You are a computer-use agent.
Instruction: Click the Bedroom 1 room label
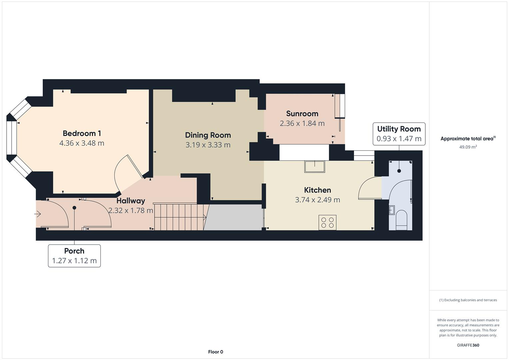[82, 133]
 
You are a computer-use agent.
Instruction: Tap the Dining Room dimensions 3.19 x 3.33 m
[208, 145]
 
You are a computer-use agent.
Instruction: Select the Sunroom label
[302, 114]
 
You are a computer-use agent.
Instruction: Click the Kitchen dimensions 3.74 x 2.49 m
[317, 200]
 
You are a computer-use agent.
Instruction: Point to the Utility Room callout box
[399, 134]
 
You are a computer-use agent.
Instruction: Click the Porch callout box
[74, 256]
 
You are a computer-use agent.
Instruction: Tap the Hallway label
[131, 201]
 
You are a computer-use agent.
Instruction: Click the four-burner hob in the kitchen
[327, 222]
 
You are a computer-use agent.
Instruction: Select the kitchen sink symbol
[314, 167]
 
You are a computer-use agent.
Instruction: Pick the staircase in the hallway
[179, 217]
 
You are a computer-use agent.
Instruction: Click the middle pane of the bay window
[11, 138]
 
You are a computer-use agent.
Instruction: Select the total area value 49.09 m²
[468, 147]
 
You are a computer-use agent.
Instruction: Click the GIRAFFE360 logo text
[468, 345]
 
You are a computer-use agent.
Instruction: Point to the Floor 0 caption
[215, 352]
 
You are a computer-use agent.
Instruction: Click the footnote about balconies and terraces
[468, 300]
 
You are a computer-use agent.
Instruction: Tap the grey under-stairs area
[233, 217]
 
